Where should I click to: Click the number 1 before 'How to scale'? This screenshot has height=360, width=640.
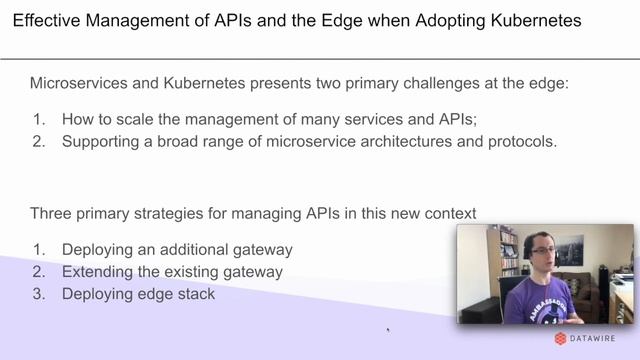tap(39, 119)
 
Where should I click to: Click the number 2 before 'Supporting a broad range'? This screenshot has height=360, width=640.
tap(39, 141)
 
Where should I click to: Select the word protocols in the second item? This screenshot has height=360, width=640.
tap(521, 141)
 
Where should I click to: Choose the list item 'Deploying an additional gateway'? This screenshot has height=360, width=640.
tap(177, 249)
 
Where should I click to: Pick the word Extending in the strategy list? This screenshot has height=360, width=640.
tap(97, 271)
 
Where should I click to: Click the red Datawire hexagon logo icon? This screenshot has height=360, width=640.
tap(560, 339)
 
